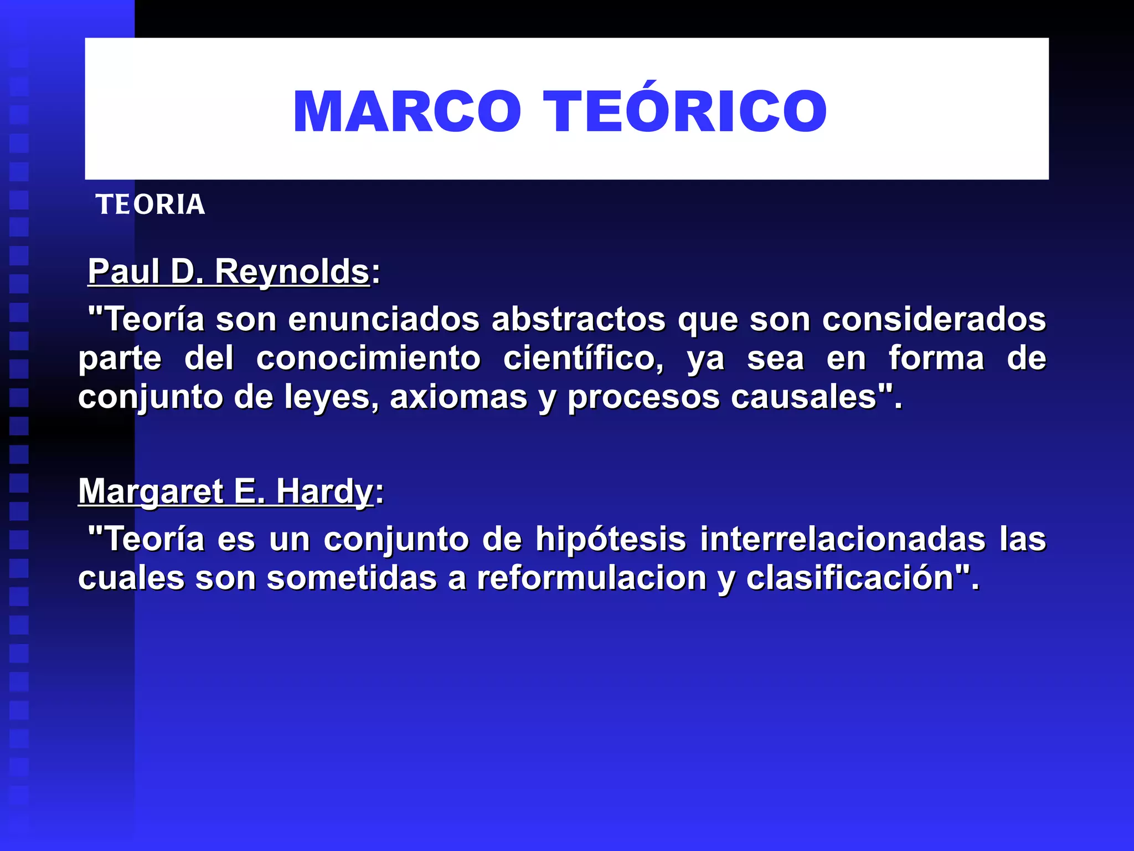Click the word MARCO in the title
coord(407,111)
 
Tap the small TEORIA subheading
coord(150,204)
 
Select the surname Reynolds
coord(292,271)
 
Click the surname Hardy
coord(324,491)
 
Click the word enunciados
coord(384,320)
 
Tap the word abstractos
coord(579,320)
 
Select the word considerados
coord(934,320)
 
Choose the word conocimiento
coord(368,358)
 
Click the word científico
coord(584,358)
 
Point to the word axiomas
coord(458,397)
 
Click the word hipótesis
coord(611,539)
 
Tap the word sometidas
coord(352,578)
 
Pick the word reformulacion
coord(592,578)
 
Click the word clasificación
coord(850,578)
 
